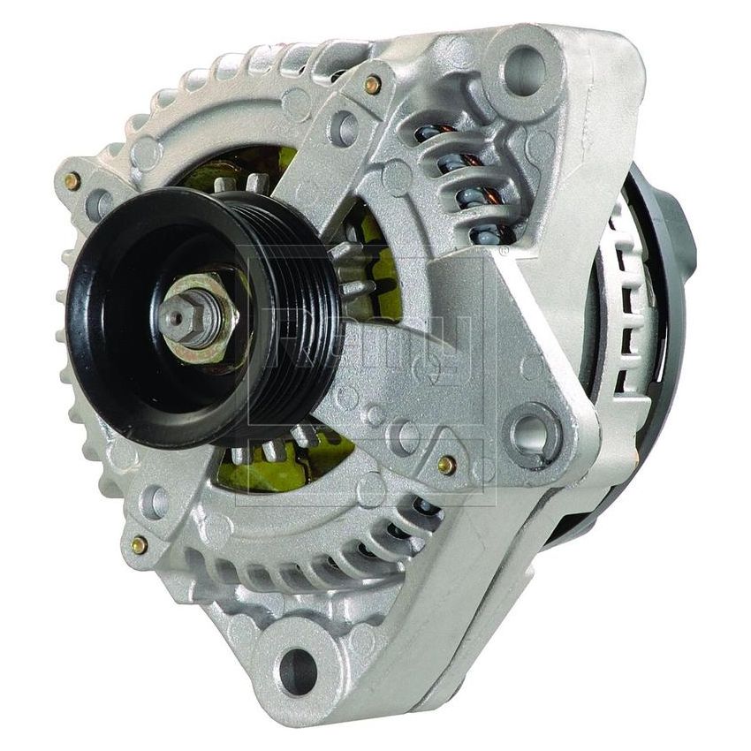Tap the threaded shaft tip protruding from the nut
tap(176, 315)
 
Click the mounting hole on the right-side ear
tap(534, 434)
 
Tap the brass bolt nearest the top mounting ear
tap(372, 85)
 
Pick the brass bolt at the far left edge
tap(72, 181)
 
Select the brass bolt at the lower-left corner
tap(139, 545)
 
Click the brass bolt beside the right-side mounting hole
tap(447, 465)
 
